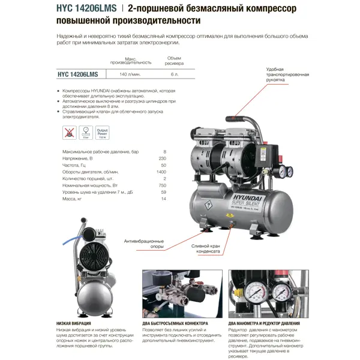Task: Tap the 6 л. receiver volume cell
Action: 173,74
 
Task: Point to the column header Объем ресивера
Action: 173,60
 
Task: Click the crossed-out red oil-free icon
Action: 69,132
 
